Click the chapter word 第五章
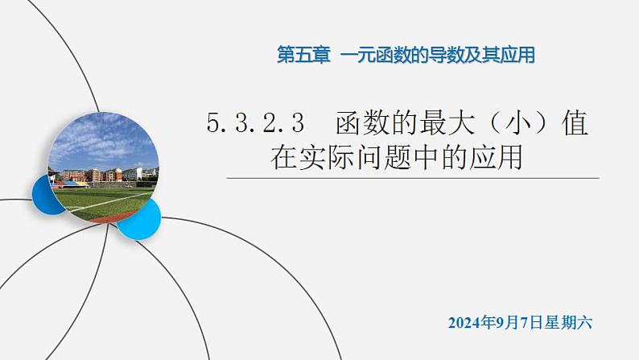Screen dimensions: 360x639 click(303, 56)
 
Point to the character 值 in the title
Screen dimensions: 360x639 click(573, 124)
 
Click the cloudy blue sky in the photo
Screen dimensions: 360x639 click(101, 141)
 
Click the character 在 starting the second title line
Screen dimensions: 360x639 click(283, 156)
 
